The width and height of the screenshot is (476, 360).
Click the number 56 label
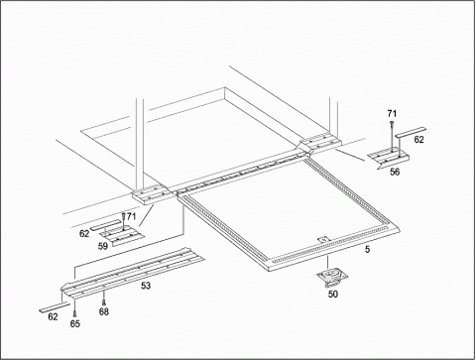(395, 172)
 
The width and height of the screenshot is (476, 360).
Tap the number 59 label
(103, 246)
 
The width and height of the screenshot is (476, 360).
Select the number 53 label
(146, 286)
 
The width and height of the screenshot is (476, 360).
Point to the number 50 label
(333, 294)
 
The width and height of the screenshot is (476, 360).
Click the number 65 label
(75, 323)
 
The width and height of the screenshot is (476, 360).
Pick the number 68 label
(104, 311)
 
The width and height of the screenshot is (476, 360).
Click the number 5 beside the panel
(368, 249)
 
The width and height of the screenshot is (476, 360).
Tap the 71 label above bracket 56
(392, 114)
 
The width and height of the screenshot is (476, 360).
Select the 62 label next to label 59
(84, 234)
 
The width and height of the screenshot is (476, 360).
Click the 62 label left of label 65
(53, 316)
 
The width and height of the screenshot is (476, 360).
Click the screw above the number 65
(74, 313)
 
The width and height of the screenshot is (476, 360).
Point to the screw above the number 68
(104, 301)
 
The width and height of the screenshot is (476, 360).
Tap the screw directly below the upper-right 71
(392, 123)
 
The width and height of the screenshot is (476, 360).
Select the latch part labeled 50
(330, 277)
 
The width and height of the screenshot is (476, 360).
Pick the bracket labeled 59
(122, 235)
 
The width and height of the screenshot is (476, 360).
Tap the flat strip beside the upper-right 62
(411, 132)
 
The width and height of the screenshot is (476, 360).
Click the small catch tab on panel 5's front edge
(323, 239)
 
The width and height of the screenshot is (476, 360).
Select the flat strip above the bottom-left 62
(55, 306)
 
